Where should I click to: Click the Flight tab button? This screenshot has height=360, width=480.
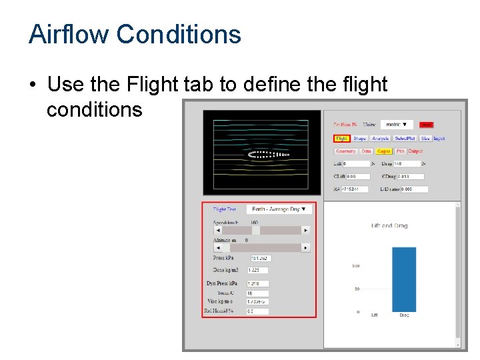(x=342, y=139)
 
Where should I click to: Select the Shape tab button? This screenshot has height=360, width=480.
(x=360, y=139)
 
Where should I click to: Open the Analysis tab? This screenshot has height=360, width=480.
(x=381, y=139)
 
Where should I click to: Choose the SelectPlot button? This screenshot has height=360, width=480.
(x=405, y=139)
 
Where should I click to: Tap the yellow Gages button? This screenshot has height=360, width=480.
(x=384, y=151)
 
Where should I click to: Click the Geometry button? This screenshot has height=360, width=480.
(x=346, y=151)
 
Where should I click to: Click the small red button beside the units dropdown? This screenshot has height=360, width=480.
(x=427, y=125)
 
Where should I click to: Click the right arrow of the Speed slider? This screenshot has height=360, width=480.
(x=306, y=230)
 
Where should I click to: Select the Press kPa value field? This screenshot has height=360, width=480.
(x=261, y=258)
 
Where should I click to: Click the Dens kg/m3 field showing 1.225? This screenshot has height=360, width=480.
(x=258, y=271)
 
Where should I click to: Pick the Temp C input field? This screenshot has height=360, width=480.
(x=258, y=293)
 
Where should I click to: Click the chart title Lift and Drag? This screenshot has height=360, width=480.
(x=389, y=226)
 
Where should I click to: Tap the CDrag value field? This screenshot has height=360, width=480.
(x=413, y=177)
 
